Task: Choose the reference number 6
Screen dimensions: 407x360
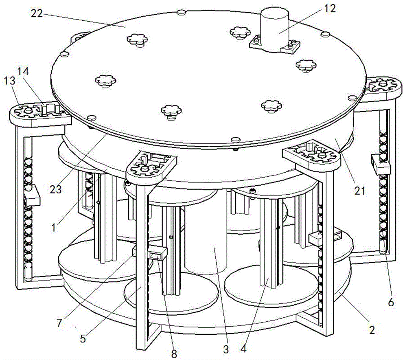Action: (x=391, y=302)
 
